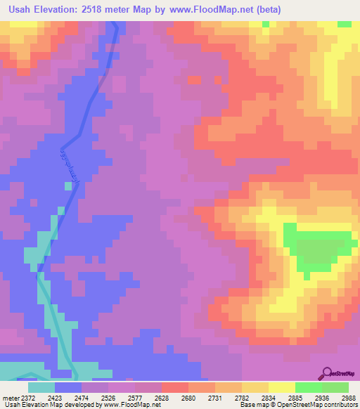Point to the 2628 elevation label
coord(162,397)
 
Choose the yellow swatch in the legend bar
coord(281,387)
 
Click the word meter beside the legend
coord(11,397)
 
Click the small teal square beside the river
coord(68,186)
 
